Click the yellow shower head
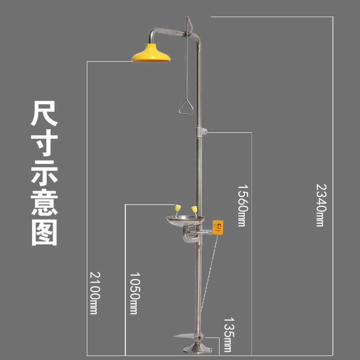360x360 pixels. point(151,53)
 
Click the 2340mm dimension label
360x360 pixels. point(321,205)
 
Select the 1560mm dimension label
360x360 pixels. point(243,205)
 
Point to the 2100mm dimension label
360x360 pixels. point(94,293)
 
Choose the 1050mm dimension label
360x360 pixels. point(135,293)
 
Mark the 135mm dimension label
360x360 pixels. point(229,334)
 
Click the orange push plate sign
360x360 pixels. point(218,227)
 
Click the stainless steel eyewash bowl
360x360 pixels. point(185,220)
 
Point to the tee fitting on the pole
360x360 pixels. point(201,131)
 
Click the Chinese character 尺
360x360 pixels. point(44,113)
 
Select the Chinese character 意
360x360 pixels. point(44,203)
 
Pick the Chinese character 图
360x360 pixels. point(44,233)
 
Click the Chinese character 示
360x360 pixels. point(44,173)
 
